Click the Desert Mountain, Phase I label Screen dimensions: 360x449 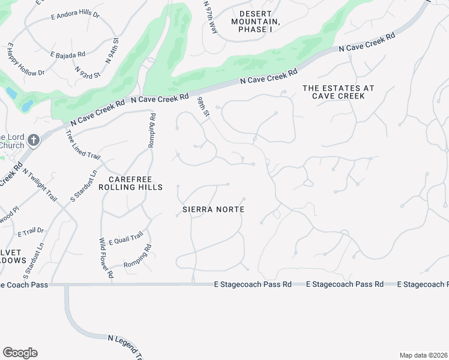point(260,21)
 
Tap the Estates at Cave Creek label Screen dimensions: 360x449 point(338,92)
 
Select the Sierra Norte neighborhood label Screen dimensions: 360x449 point(214,209)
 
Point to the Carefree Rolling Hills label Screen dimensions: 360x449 point(135,183)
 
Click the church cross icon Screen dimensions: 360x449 point(34,140)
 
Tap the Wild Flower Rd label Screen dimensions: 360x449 point(107,258)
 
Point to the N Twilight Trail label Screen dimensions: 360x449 point(40,184)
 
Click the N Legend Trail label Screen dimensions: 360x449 point(125,348)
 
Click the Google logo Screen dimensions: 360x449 point(20,353)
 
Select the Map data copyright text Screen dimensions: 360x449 point(423,355)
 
